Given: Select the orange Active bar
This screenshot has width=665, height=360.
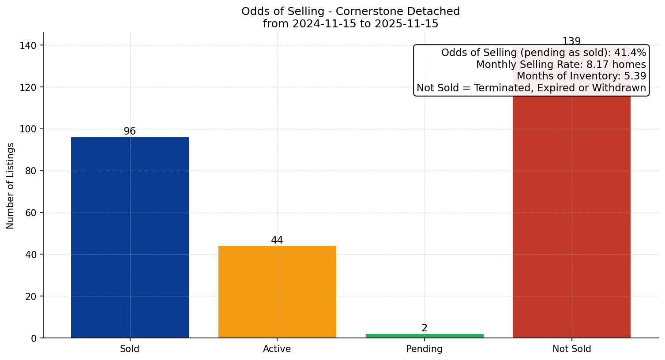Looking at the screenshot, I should (277, 292).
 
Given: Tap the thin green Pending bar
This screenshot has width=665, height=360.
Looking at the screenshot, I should (425, 336).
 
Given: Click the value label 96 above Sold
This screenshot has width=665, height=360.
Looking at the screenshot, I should (130, 131).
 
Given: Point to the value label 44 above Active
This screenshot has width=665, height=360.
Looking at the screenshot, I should (277, 240).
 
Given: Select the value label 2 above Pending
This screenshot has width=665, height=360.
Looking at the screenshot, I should (425, 328).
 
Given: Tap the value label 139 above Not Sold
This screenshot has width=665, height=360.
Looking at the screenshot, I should (571, 41).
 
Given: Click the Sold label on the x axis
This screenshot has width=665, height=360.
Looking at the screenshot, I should (130, 349).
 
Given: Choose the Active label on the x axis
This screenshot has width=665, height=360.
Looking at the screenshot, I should (277, 349).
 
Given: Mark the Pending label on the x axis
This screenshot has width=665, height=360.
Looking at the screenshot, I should (425, 349).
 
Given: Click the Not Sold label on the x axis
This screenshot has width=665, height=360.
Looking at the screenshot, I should (571, 349).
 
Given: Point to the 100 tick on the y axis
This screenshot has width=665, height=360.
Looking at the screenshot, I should (28, 129).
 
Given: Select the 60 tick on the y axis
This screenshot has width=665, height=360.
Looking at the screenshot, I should (31, 213).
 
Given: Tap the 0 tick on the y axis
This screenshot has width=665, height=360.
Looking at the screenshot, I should (34, 338).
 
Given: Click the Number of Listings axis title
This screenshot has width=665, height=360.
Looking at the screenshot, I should (11, 185).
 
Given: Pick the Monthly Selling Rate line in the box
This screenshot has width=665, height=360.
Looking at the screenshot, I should (561, 65).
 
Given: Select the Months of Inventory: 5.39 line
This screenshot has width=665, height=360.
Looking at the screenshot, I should (581, 76).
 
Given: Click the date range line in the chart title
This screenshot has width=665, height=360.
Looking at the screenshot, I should (350, 24).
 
